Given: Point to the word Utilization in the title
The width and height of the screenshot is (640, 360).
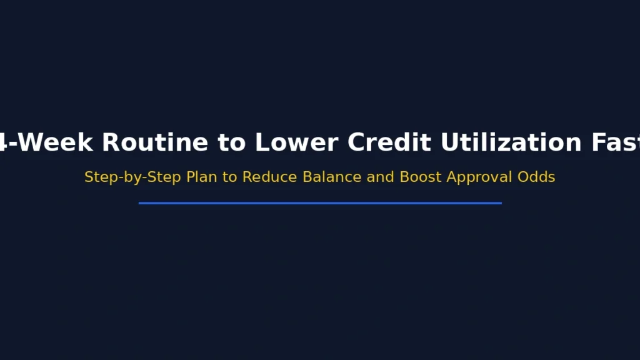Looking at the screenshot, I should pyautogui.click(x=511, y=142).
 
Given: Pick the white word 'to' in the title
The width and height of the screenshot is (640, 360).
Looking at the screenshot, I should pyautogui.click(x=231, y=142).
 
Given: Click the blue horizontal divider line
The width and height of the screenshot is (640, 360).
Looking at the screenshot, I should pyautogui.click(x=320, y=203).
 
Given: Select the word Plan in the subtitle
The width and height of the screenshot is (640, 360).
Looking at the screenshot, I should pyautogui.click(x=202, y=177).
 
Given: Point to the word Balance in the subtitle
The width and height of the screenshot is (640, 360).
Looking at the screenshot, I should pyautogui.click(x=332, y=177).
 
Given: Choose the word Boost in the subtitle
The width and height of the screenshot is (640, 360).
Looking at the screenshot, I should pyautogui.click(x=419, y=177).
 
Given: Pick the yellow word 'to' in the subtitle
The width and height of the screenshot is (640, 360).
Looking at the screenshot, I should pyautogui.click(x=230, y=177).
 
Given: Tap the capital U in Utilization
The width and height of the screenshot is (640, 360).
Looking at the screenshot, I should pyautogui.click(x=449, y=142).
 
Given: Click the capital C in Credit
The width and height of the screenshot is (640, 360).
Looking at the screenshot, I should pyautogui.click(x=357, y=142).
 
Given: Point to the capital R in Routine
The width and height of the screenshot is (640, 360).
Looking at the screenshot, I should pyautogui.click(x=109, y=142).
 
